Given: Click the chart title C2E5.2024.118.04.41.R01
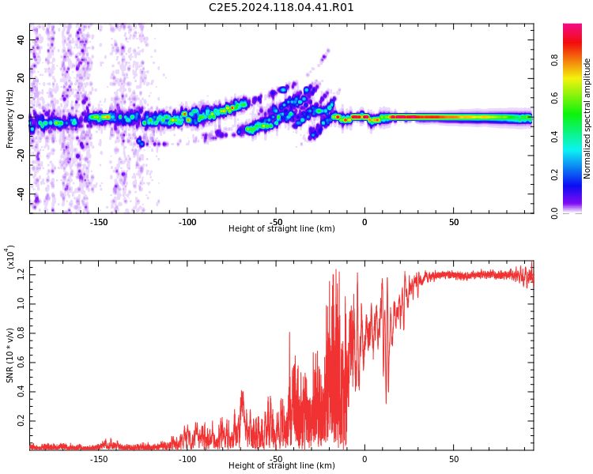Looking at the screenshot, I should [x=281, y=8].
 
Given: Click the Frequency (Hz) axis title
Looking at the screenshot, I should [x=10, y=118].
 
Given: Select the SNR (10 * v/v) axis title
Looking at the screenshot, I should [x=10, y=355].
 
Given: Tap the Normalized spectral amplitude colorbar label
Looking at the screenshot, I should [x=587, y=118].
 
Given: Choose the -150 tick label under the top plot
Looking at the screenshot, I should [x=98, y=222].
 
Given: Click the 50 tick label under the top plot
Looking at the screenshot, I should [x=454, y=222].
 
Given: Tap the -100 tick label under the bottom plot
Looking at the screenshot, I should [x=187, y=458].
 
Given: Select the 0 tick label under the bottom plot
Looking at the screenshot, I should [x=364, y=458].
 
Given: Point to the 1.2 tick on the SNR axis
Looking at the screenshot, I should [x=22, y=275].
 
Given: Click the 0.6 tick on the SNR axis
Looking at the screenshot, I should [x=22, y=363].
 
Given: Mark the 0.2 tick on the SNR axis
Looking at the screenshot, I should [x=22, y=421].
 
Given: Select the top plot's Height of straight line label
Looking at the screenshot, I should [x=281, y=229].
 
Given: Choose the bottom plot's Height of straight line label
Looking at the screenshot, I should [x=281, y=465].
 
